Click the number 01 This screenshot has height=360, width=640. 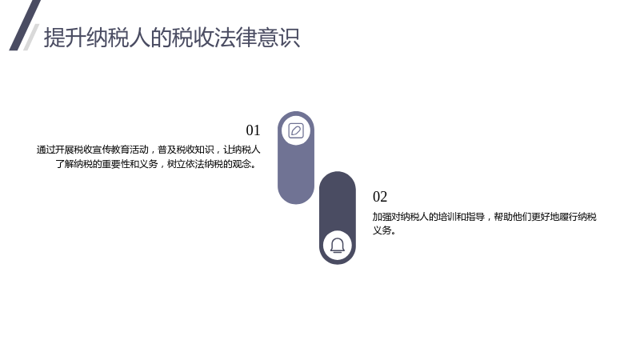tap(253, 130)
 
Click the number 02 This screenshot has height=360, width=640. tap(380, 197)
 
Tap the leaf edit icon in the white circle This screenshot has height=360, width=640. tap(296, 130)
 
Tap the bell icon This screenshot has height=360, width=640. tap(338, 246)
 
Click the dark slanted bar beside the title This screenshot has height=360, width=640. tap(25, 26)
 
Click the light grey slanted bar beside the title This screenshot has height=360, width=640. tap(31, 37)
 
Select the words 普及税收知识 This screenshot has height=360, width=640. tap(186, 150)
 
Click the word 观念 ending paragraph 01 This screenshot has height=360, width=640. tap(242, 164)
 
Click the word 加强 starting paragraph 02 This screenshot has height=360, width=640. tap(382, 217)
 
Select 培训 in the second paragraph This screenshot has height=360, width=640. tap(447, 217)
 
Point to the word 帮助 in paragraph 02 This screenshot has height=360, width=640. tap(503, 217)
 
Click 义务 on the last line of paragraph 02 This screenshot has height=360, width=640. tap(382, 230)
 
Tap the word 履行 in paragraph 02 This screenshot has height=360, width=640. tap(569, 217)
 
